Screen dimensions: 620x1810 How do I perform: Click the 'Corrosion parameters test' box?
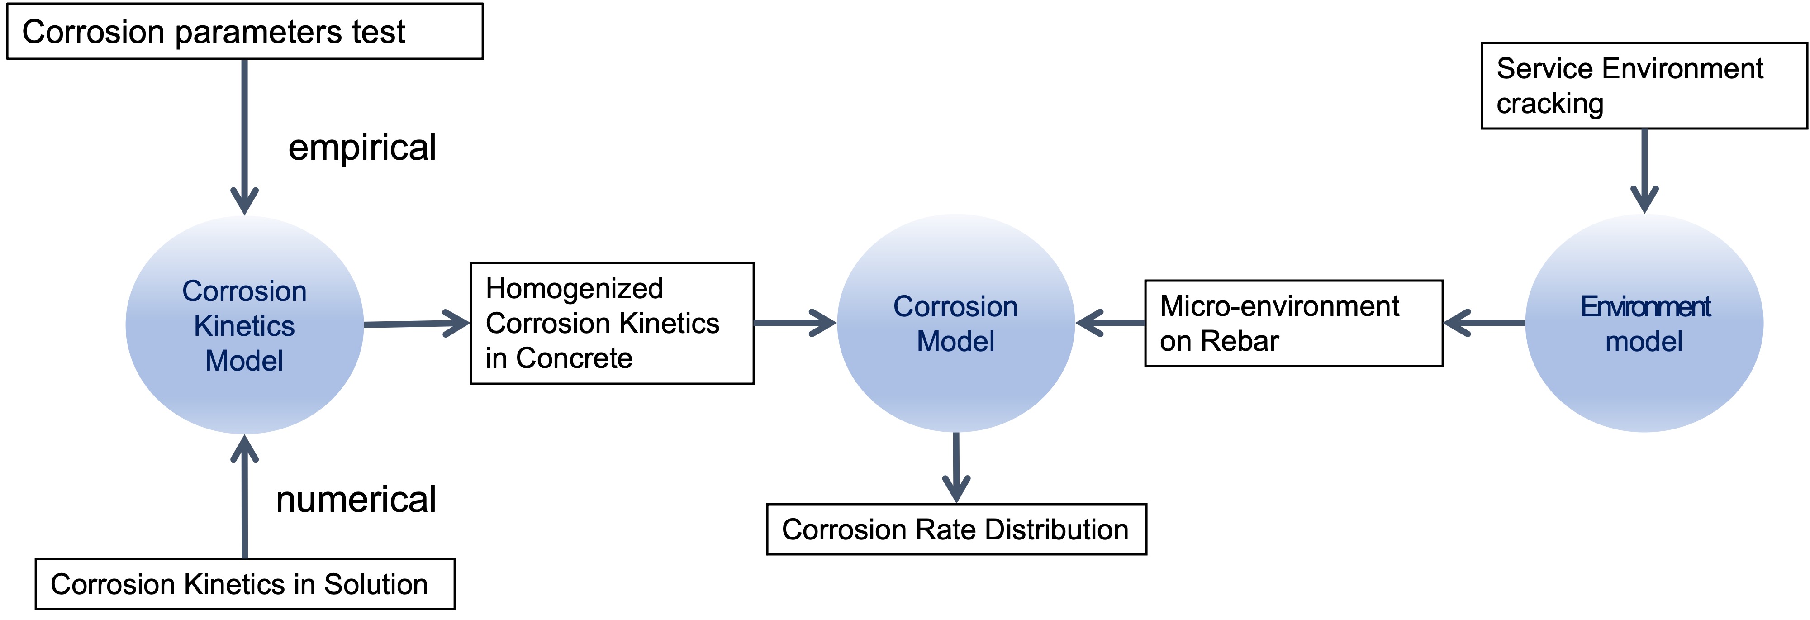245,32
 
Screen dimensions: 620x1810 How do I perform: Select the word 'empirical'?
362,148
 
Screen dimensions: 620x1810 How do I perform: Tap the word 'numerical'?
356,500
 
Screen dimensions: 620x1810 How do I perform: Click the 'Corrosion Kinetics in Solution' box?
245,584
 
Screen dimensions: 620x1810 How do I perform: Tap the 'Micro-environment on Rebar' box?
1293,324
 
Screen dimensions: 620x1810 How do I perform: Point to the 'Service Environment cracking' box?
1644,86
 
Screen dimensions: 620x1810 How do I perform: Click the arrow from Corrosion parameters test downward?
245,134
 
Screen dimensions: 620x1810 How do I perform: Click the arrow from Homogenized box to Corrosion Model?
794,323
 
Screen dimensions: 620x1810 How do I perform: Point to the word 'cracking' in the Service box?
1549,104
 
